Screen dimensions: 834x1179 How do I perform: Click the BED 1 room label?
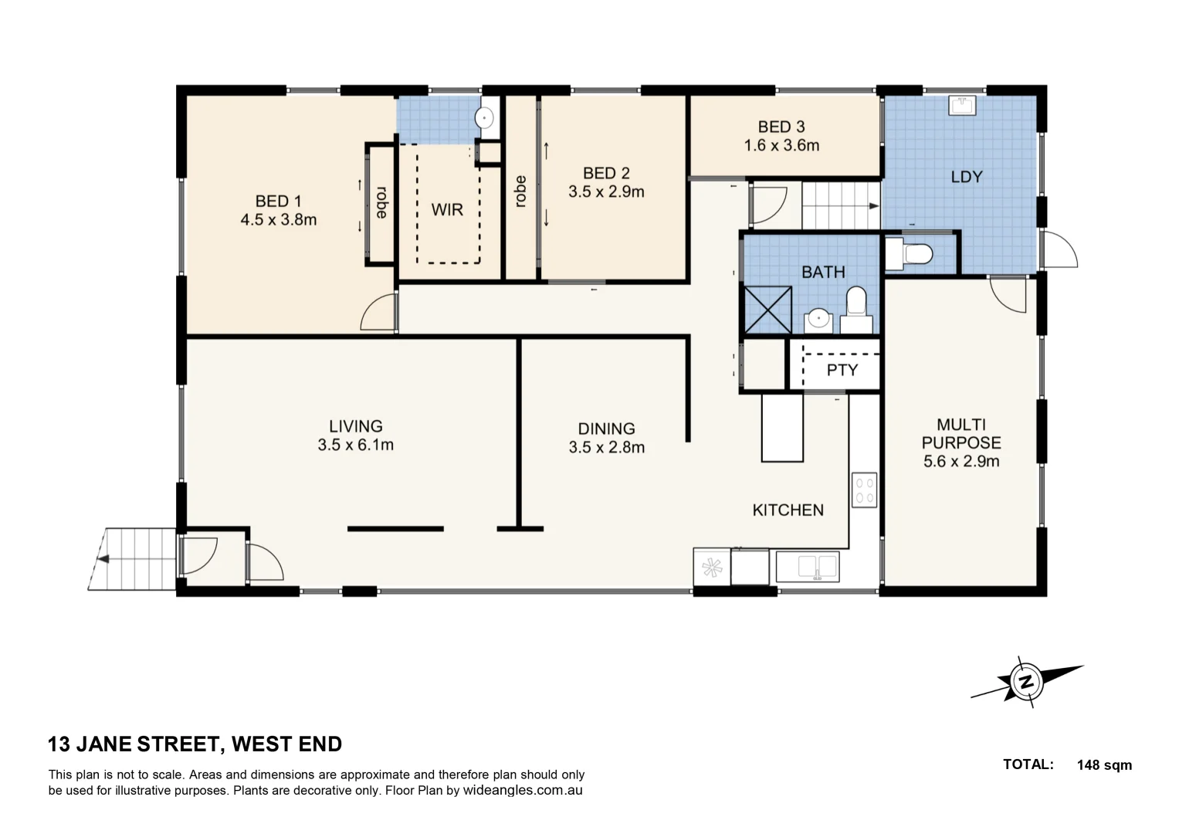(x=277, y=201)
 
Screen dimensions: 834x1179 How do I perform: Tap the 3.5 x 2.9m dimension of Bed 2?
(x=606, y=192)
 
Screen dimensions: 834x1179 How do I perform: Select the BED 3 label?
(x=781, y=127)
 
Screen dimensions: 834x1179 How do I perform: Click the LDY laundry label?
(x=966, y=177)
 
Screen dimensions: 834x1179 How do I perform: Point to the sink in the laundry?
(x=961, y=105)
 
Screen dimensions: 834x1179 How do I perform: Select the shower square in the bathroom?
(x=767, y=309)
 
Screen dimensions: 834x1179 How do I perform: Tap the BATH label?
(x=823, y=272)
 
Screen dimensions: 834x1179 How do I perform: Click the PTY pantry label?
(x=842, y=370)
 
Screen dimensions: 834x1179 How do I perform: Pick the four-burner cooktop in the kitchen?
(x=864, y=490)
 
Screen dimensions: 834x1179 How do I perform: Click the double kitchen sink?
(x=808, y=567)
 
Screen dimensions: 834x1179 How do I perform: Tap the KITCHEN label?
(x=788, y=510)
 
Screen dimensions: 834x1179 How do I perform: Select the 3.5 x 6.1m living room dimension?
(x=355, y=445)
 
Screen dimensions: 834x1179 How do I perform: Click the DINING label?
(x=606, y=429)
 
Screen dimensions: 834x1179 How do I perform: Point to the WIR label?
(x=446, y=209)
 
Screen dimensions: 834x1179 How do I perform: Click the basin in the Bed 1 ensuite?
(x=484, y=118)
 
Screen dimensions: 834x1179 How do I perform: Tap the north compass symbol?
(x=1026, y=682)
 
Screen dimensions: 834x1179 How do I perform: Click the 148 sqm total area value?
(x=1104, y=764)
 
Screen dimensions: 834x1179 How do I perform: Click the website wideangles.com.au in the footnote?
(x=523, y=790)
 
